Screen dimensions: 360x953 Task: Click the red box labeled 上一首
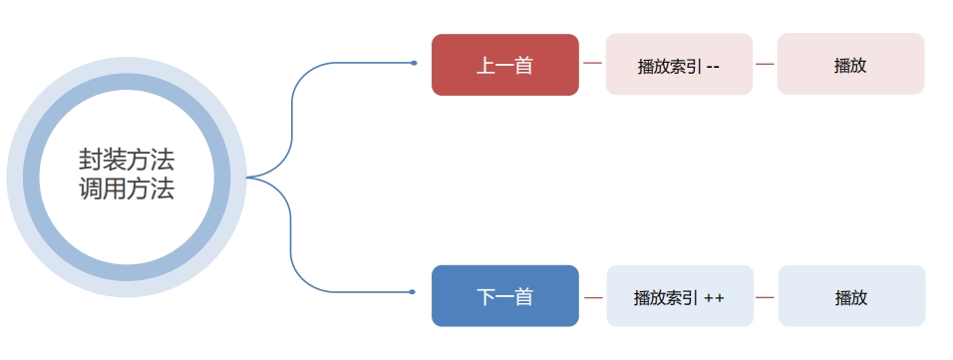(504, 65)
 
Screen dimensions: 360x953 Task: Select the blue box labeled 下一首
(504, 296)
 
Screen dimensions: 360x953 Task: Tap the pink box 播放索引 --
(679, 66)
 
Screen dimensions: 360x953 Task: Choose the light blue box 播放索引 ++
(679, 297)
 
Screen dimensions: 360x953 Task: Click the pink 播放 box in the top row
(850, 65)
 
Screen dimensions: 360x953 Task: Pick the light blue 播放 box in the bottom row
(851, 297)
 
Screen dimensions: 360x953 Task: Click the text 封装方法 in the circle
(127, 160)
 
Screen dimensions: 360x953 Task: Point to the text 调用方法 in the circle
(127, 189)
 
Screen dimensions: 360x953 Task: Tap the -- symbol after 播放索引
(713, 67)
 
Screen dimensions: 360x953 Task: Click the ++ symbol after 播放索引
(714, 297)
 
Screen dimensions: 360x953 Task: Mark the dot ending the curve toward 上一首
(414, 63)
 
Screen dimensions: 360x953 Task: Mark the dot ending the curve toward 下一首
(412, 292)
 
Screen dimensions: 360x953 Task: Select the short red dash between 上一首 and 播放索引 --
(592, 64)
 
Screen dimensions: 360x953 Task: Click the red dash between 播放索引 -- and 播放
(765, 64)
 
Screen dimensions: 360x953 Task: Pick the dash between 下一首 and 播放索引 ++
(593, 297)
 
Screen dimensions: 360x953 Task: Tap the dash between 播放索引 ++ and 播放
(766, 297)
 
